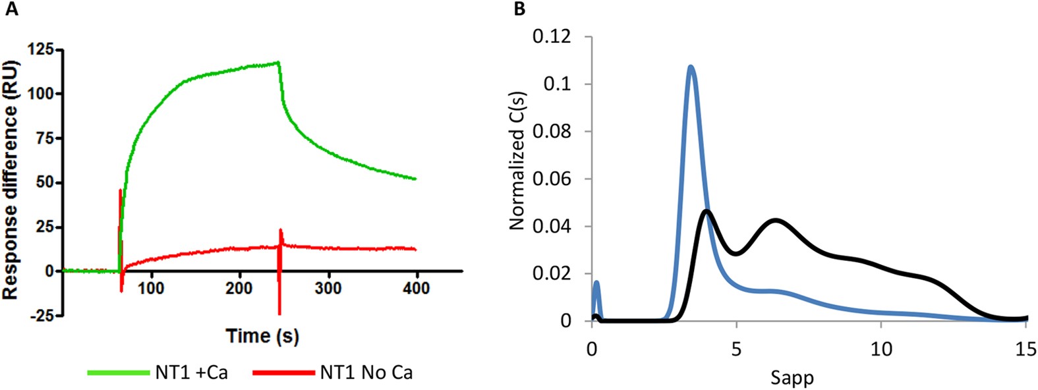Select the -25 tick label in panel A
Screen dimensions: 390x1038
click(x=43, y=316)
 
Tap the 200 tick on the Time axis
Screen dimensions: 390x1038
click(x=239, y=288)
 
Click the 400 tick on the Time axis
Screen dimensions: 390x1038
click(x=416, y=288)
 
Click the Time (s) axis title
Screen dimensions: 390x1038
click(x=262, y=336)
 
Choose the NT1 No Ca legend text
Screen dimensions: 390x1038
click(x=366, y=373)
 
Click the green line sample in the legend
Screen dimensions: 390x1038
click(x=119, y=373)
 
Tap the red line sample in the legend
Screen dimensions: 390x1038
click(x=283, y=373)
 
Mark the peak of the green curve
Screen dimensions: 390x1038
click(x=279, y=63)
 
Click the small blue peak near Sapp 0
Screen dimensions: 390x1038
click(x=596, y=283)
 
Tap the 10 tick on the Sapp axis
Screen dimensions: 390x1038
click(x=882, y=347)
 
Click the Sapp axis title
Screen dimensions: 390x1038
click(x=792, y=377)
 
